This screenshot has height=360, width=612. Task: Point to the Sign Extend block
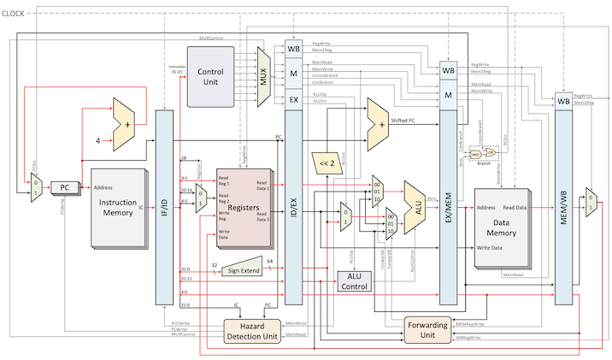click(x=243, y=269)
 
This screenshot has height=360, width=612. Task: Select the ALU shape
click(x=415, y=206)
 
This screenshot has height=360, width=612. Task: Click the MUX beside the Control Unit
click(x=263, y=76)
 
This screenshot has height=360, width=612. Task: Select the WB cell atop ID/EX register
click(x=293, y=50)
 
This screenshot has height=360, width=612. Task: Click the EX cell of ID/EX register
click(x=293, y=100)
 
